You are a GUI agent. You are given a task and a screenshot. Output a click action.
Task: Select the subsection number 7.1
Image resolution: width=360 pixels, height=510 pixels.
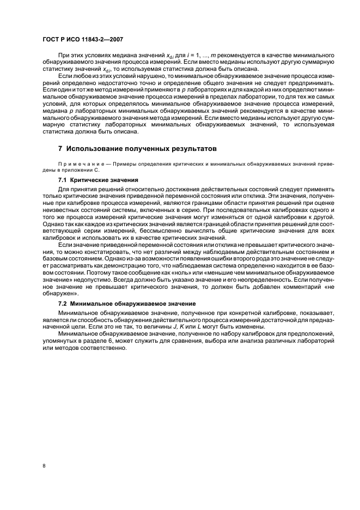63,180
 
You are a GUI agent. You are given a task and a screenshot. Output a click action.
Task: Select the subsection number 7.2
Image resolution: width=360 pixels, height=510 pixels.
63,303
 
